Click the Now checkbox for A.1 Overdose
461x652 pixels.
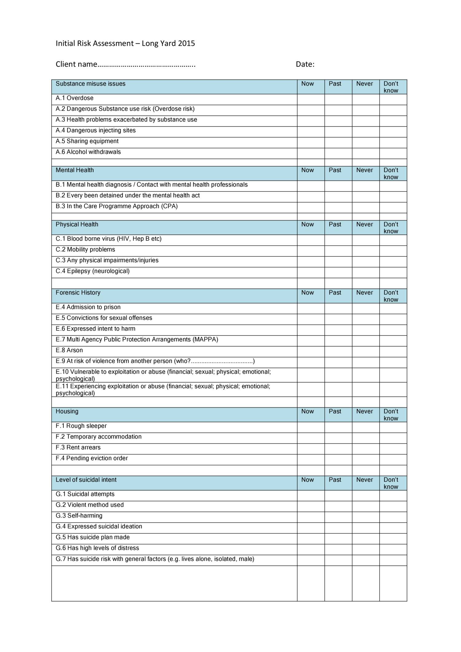[311, 99]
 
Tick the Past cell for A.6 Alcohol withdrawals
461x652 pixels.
[338, 153]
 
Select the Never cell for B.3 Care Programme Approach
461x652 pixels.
[366, 207]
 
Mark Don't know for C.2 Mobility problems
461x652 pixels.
[393, 251]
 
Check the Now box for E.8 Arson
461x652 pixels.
[311, 351]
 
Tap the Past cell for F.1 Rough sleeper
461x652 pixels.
[338, 427]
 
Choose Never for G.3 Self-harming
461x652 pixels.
[366, 517]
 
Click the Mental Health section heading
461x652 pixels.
[75, 170]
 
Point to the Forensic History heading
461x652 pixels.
[78, 293]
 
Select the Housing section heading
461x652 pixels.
[67, 412]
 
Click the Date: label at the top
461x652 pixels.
[305, 64]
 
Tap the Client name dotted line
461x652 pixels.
[146, 65]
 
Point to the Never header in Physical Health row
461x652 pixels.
[364, 225]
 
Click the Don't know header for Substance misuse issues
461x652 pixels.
[391, 87]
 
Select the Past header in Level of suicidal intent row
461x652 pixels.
[335, 480]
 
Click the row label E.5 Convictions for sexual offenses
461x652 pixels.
[104, 318]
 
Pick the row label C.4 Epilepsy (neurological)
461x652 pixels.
[93, 271]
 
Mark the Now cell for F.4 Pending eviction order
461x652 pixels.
[311, 460]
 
